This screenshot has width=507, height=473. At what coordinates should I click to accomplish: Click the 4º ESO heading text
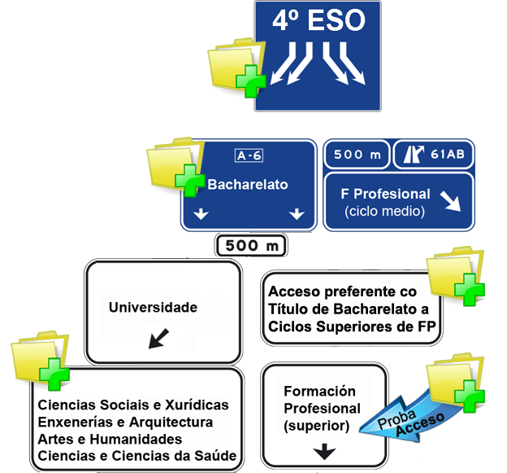coord(318,20)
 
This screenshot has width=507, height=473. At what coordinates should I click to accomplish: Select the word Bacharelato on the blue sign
coord(248,185)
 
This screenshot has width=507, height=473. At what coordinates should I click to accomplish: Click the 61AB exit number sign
coord(433,155)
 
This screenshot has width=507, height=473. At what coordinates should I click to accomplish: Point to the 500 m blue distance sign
coord(357,155)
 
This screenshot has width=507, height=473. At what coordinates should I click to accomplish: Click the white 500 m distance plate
coord(251,245)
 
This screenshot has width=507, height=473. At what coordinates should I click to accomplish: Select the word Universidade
coord(154,308)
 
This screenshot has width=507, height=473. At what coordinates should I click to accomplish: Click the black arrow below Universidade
coord(159,336)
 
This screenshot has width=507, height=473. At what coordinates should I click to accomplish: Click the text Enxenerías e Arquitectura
coord(125,423)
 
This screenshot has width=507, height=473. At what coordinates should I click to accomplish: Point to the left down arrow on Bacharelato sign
coord(201,214)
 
